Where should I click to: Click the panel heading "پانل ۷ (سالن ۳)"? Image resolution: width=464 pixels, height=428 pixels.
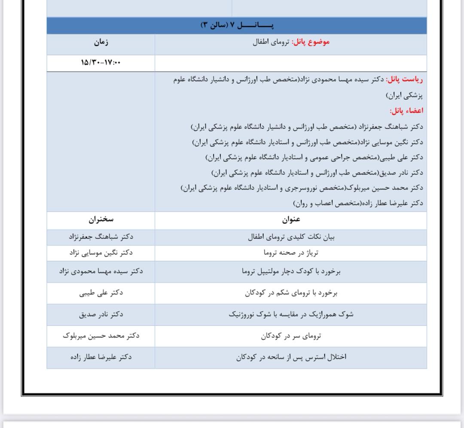coord(237,25)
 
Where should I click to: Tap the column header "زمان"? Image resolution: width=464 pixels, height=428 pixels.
coord(101,42)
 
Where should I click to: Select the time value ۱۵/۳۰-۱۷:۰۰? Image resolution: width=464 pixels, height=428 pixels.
coord(101,63)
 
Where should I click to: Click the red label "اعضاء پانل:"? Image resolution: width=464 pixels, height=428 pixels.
coord(406,111)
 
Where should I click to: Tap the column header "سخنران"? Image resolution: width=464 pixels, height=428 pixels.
coord(101,220)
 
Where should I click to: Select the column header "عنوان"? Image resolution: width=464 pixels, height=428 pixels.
coord(291,220)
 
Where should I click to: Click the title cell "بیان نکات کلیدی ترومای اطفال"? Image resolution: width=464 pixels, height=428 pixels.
coord(291,237)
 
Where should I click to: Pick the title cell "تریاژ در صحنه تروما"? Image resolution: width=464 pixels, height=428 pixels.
coord(291,253)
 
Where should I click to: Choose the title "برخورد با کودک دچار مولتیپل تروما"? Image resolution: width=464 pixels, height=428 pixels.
coord(291,271)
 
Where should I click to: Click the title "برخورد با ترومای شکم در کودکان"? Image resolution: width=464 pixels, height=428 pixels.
coord(291,293)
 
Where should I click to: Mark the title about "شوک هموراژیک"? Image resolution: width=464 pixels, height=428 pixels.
coord(291,314)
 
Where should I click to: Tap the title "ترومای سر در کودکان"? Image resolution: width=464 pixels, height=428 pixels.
coord(291,336)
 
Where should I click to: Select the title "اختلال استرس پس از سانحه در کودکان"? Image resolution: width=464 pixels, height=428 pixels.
coord(291,357)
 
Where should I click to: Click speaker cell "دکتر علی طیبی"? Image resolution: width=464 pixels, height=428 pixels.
coord(101,293)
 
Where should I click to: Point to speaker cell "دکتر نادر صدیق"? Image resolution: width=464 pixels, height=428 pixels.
coord(101,314)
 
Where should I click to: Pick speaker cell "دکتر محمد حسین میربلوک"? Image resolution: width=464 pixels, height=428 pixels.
coord(101,336)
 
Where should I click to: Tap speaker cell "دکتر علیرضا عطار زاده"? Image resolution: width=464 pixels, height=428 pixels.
coord(101,357)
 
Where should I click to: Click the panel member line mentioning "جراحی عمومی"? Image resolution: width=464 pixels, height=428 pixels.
coord(314,157)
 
